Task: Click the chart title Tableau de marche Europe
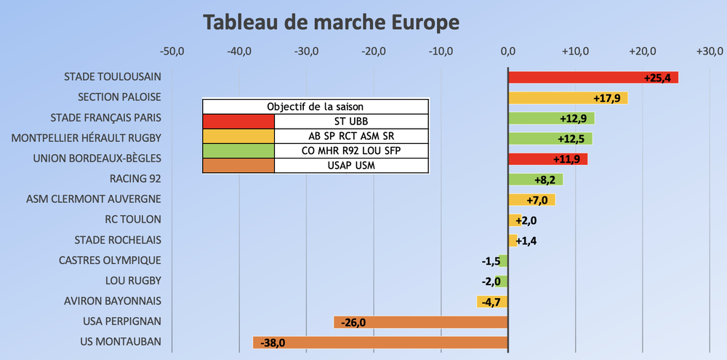tap(331, 22)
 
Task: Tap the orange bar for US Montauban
tap(379, 342)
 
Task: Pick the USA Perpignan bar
tap(420, 321)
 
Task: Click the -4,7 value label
tap(487, 301)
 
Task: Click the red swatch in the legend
tap(238, 121)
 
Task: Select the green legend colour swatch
tap(238, 151)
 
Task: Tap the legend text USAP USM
tap(351, 165)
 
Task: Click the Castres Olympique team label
tap(110, 260)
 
